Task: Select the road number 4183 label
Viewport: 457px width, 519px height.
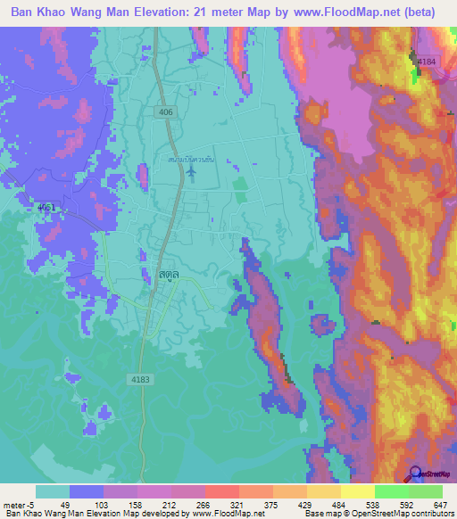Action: click(x=140, y=355)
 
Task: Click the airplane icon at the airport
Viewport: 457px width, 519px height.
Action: click(x=190, y=169)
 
